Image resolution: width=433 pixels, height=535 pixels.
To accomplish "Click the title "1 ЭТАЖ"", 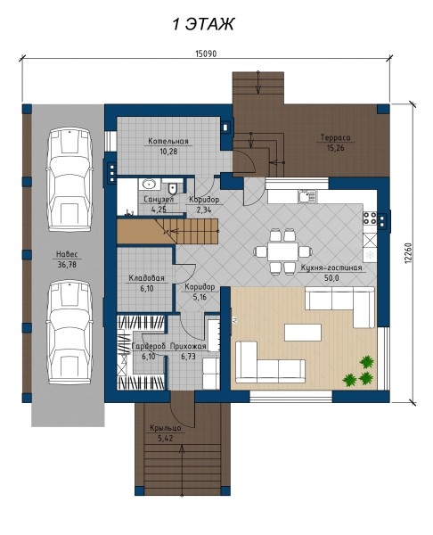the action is (203, 25).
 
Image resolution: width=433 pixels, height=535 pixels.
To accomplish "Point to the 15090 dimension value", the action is (206, 53).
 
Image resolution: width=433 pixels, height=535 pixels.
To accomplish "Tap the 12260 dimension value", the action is (409, 253).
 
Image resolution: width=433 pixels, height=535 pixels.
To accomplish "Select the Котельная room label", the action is (168, 141).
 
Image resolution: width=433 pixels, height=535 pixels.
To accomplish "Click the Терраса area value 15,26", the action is (335, 148).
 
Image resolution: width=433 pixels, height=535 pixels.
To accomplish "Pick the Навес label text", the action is (67, 254).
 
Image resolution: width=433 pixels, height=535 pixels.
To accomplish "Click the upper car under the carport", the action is (70, 180).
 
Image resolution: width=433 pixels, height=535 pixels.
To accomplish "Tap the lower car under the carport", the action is (69, 333).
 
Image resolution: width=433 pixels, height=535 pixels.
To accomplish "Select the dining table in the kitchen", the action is (282, 251).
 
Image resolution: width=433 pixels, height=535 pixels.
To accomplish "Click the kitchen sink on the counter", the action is (307, 196).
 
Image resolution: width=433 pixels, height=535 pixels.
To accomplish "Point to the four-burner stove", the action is (370, 218).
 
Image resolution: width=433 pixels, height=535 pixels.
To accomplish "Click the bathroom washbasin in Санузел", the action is (150, 185).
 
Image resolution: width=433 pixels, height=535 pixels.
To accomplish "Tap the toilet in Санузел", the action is (173, 187).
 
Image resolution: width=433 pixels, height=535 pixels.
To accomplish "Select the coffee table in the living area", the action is (303, 333).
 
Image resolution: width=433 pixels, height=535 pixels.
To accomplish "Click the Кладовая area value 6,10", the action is (147, 289).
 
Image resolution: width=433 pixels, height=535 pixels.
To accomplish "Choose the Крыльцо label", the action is (166, 428).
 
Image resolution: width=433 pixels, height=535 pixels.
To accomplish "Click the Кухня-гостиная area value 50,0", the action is (331, 277).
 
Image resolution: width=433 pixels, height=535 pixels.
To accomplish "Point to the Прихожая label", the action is (188, 346).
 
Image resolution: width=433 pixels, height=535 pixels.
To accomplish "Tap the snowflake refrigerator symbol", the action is (370, 254).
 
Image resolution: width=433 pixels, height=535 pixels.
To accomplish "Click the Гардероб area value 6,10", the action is (148, 357).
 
